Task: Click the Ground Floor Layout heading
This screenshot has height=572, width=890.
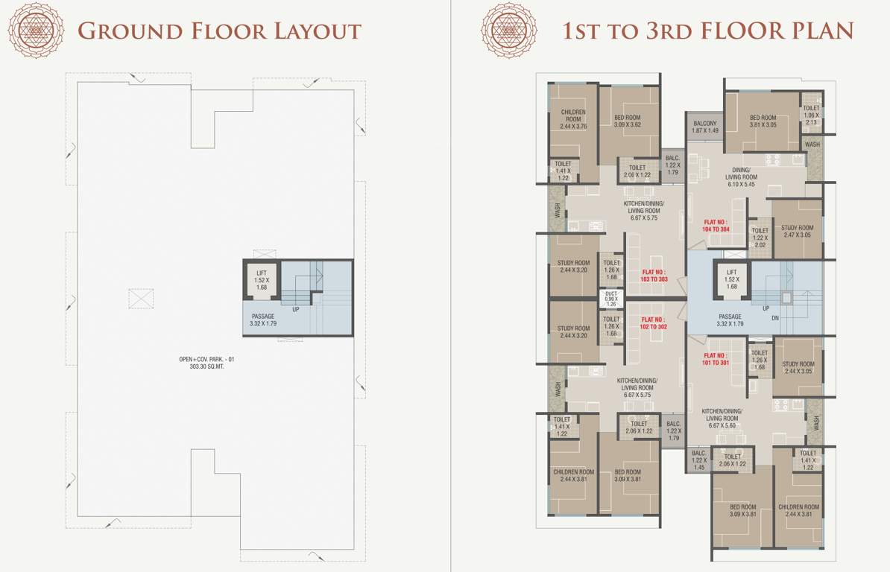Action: pyautogui.click(x=219, y=31)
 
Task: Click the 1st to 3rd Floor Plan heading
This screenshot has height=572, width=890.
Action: pyautogui.click(x=707, y=31)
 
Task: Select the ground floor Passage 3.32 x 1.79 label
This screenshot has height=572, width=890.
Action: pyautogui.click(x=263, y=321)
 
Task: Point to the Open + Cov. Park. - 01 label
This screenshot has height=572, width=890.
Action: pyautogui.click(x=212, y=363)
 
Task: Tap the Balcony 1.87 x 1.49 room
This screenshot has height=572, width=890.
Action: pyautogui.click(x=704, y=127)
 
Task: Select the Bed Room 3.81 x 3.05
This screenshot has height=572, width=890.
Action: pyautogui.click(x=763, y=121)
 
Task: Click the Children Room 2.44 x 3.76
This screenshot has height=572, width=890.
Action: pyautogui.click(x=573, y=119)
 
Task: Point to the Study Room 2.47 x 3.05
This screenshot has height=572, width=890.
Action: pyautogui.click(x=797, y=231)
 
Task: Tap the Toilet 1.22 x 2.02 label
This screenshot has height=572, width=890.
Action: pyautogui.click(x=760, y=237)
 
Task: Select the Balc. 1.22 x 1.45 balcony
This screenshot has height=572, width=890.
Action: pyautogui.click(x=698, y=460)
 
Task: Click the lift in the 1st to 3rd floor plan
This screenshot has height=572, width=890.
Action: pyautogui.click(x=731, y=280)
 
